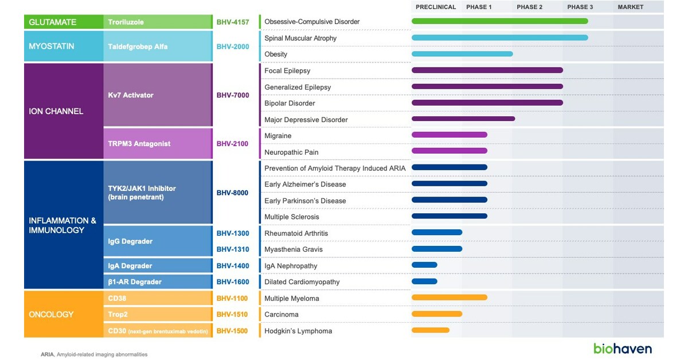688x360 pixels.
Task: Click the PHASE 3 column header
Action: click(x=580, y=7)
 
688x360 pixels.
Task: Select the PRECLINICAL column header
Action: click(x=436, y=7)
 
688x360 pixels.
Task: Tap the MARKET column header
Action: click(x=631, y=7)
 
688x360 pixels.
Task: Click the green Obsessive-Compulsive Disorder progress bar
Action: click(x=499, y=21)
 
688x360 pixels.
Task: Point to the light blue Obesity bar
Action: click(x=462, y=54)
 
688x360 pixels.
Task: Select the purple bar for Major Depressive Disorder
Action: click(x=463, y=119)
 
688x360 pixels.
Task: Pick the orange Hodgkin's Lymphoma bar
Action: click(x=431, y=330)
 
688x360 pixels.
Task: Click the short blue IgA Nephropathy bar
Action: click(x=424, y=265)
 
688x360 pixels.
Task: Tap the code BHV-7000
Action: click(x=233, y=95)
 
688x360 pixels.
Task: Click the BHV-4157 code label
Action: click(x=233, y=22)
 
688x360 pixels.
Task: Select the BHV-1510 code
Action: click(x=233, y=314)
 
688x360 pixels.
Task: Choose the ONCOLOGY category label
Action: click(x=52, y=314)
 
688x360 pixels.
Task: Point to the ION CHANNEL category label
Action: click(x=56, y=111)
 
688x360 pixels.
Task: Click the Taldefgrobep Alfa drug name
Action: click(x=138, y=46)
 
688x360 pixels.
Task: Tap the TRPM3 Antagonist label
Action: click(x=139, y=144)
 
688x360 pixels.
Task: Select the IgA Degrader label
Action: click(x=130, y=266)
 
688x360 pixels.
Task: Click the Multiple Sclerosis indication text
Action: click(x=291, y=217)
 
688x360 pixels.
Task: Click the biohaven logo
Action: click(x=622, y=348)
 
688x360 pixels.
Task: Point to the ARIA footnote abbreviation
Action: click(x=47, y=354)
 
